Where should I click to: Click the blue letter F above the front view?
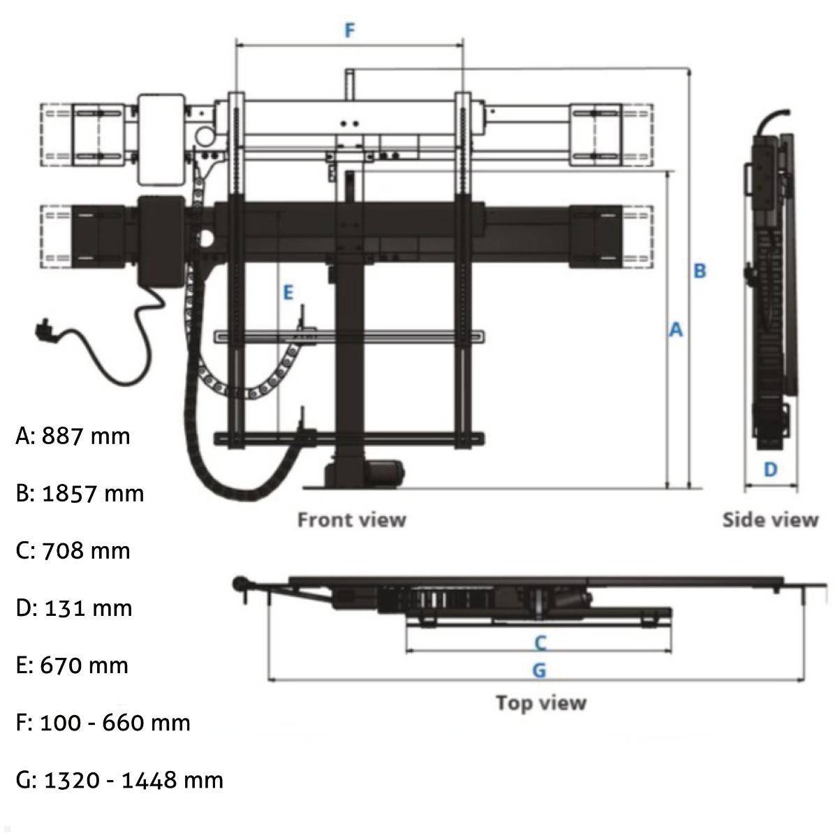coord(350,31)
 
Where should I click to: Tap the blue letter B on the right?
coord(700,270)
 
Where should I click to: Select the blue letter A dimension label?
coord(675,330)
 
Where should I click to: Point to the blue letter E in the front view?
coord(288,293)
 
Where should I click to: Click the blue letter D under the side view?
coord(770,469)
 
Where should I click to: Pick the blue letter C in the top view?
coord(540,642)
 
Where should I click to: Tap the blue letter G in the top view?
coord(539,670)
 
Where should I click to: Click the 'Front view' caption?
coord(351,520)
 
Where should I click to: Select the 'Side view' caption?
coord(770,520)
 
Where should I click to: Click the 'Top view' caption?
coord(541,703)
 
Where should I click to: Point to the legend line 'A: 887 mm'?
coord(73,436)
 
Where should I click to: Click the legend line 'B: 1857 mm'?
coord(80,494)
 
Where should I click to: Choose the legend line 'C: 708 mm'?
coord(73,551)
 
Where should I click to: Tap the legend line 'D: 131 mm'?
coord(73,608)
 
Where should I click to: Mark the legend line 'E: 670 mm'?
coord(72,666)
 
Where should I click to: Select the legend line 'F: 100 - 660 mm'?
coord(103,723)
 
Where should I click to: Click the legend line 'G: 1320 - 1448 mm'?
coord(119,780)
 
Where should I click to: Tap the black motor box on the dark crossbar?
coord(162,240)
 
